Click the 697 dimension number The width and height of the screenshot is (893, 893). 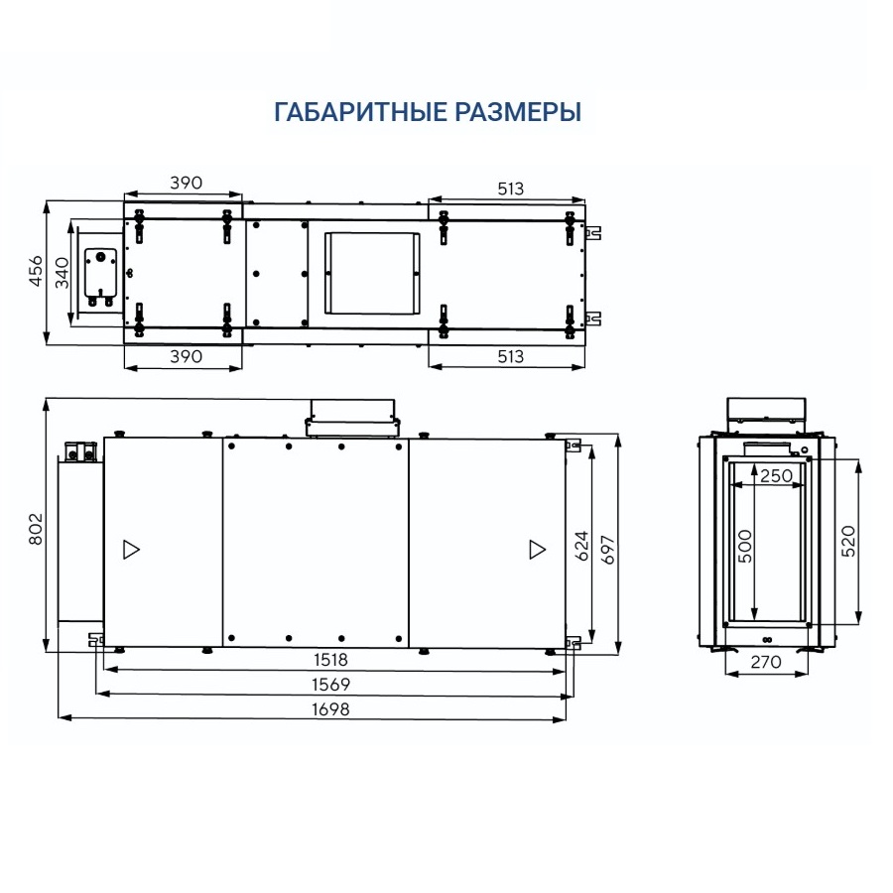(608, 547)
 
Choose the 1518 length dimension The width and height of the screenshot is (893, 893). (330, 659)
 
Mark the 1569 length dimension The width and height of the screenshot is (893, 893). (330, 684)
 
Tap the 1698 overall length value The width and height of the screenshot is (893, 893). (330, 709)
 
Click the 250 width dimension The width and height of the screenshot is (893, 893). (776, 475)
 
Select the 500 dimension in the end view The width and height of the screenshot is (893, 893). (746, 546)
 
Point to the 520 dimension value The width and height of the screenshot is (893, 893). (847, 542)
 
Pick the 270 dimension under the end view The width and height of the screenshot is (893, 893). (766, 661)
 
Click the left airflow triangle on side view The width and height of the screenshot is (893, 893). (131, 549)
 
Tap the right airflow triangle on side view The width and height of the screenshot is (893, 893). (537, 549)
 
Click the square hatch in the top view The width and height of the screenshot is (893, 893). (370, 272)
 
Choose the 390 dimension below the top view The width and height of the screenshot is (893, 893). (186, 355)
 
